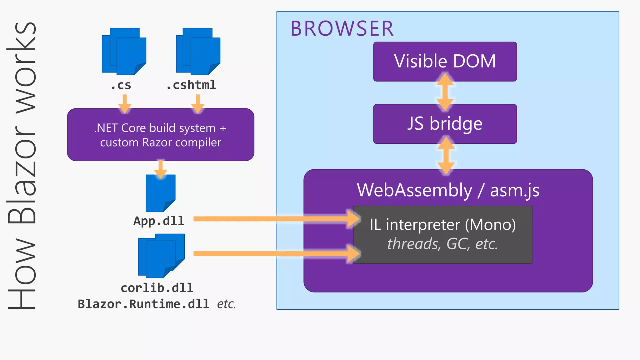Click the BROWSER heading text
click(342, 29)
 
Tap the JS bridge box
click(445, 124)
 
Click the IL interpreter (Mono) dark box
click(442, 234)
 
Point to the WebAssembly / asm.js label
click(448, 190)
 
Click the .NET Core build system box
click(160, 135)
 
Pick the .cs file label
click(121, 85)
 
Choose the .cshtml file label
click(191, 85)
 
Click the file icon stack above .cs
click(124, 52)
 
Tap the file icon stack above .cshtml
click(198, 52)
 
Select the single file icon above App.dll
click(160, 193)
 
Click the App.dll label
click(159, 221)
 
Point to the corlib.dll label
click(157, 288)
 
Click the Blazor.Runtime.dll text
click(143, 304)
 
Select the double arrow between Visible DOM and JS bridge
click(445, 92)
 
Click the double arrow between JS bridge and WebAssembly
click(446, 156)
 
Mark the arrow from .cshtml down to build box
click(197, 104)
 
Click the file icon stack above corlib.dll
click(161, 256)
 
